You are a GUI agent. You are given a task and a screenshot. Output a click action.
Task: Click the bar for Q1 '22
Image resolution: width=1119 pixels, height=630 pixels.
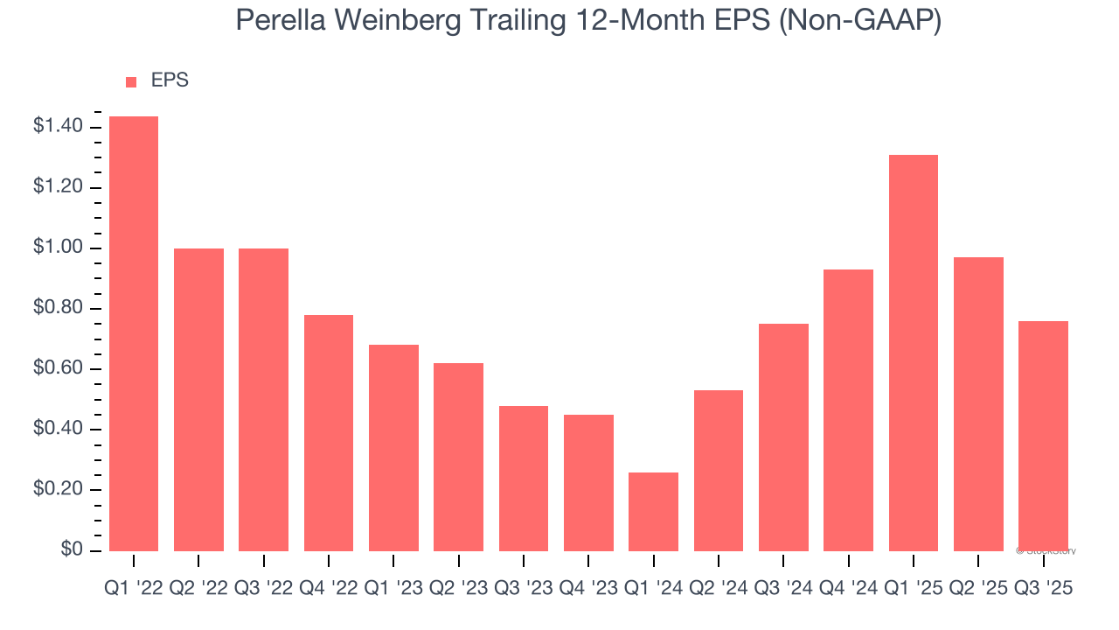[x=134, y=333]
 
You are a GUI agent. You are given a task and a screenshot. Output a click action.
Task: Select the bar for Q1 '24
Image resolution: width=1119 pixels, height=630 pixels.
[x=653, y=511]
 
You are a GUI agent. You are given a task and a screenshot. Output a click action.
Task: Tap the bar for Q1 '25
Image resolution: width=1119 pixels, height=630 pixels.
[x=913, y=353]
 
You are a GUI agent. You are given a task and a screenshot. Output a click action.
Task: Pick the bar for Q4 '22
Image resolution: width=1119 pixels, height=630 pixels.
[x=329, y=432]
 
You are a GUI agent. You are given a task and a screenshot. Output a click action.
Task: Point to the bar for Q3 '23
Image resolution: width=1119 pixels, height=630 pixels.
[x=524, y=478]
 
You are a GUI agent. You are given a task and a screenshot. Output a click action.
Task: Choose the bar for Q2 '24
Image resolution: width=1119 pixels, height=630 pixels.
[x=718, y=470]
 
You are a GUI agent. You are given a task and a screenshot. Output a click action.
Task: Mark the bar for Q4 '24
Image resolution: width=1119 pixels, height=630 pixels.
[x=848, y=409]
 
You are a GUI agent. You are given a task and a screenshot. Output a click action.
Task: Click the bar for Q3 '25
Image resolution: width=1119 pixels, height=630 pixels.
[x=1043, y=435]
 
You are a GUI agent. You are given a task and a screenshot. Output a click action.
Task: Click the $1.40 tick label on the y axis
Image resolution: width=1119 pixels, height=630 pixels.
[x=58, y=128]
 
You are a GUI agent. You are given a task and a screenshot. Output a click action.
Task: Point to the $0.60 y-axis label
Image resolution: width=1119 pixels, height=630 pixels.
[x=58, y=369]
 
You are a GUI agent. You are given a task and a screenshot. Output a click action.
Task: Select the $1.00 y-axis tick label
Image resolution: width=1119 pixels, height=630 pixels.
[x=58, y=248]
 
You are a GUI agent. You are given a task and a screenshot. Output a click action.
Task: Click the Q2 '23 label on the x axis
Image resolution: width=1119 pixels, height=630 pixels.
[x=458, y=590]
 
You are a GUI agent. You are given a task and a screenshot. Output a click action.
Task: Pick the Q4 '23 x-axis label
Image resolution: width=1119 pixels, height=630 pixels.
[x=588, y=590]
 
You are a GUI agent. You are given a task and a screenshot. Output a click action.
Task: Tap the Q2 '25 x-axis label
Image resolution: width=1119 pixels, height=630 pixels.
[x=978, y=590]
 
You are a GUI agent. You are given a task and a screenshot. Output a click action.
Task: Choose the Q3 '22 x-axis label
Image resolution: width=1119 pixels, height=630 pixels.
[x=263, y=590]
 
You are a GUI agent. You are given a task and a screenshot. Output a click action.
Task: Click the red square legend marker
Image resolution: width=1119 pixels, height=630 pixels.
[x=131, y=82]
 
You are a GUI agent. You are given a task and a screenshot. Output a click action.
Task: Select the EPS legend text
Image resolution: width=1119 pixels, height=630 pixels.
[x=170, y=81]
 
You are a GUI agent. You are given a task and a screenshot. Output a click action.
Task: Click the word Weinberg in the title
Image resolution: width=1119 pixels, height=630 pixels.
[x=413, y=20]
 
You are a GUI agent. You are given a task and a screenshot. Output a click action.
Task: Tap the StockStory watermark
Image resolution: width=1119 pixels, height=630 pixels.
[x=1046, y=551]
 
